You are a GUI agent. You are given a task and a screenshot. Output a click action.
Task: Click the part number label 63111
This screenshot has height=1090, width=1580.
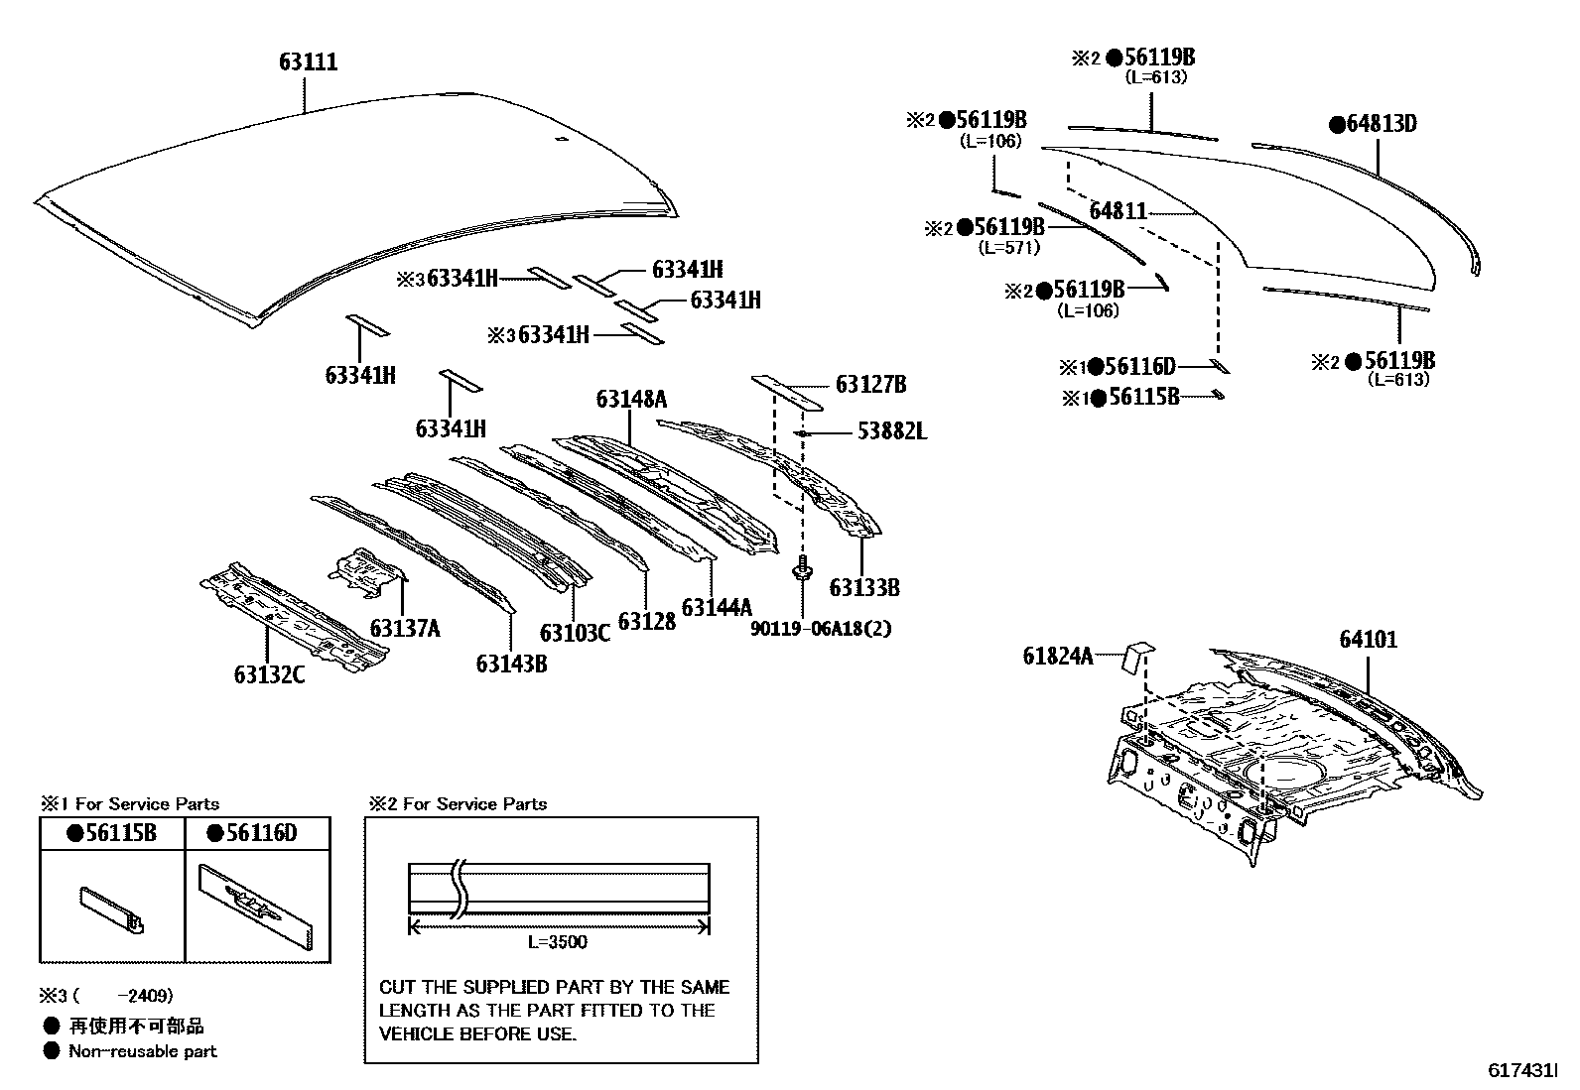point(308,62)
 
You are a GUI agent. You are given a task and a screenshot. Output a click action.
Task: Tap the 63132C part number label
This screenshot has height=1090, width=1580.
point(269,674)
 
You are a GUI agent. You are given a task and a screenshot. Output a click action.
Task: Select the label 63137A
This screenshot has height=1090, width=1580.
point(404,629)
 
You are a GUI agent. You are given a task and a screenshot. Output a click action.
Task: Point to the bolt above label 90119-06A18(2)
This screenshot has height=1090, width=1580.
point(801,571)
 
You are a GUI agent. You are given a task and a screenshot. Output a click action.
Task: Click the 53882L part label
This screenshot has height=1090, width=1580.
point(891,431)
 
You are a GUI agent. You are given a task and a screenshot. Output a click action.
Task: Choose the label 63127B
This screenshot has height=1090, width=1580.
point(870,385)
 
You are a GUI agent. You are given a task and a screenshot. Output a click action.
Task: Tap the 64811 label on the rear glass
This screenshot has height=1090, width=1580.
point(1118,211)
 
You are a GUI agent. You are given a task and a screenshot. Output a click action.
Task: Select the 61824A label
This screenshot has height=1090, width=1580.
point(1058,656)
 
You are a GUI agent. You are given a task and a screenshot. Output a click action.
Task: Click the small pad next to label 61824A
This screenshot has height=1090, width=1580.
point(1138,657)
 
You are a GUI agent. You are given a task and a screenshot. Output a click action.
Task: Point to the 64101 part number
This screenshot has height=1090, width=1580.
point(1368,640)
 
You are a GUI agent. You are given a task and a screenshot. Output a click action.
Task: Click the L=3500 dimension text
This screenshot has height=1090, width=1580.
point(557,942)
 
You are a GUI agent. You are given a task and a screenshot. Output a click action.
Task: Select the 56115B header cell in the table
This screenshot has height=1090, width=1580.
point(112,833)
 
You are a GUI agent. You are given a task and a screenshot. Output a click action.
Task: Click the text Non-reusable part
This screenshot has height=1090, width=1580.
point(142,1051)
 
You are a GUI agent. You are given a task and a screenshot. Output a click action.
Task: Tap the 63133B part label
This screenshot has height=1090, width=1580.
point(863,587)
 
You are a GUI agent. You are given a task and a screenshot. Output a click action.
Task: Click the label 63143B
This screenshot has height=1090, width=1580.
point(511,664)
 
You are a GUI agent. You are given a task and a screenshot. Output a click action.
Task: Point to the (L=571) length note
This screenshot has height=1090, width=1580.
point(1008,248)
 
